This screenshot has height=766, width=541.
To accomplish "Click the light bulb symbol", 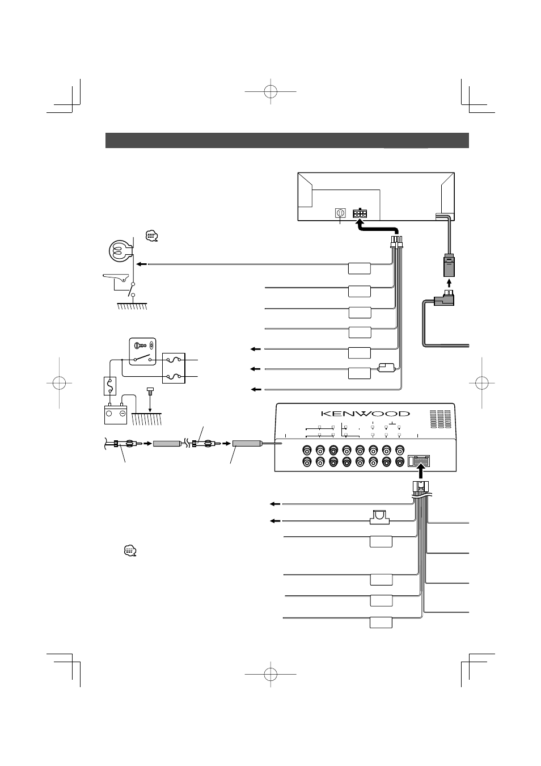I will point(120,249).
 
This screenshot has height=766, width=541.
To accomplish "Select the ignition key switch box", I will point(141,352).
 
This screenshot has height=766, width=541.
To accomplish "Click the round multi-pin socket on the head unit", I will point(340,213).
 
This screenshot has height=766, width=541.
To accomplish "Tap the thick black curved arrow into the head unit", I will point(374,227).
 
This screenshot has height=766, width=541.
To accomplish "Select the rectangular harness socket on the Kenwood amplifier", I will point(420,461).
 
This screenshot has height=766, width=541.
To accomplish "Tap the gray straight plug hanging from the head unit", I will point(448,264).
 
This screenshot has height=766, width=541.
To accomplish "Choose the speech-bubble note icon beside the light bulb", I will point(151,235).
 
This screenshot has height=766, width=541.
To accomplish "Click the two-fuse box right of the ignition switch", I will point(174,368).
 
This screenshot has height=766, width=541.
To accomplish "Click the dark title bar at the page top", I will point(287,140).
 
